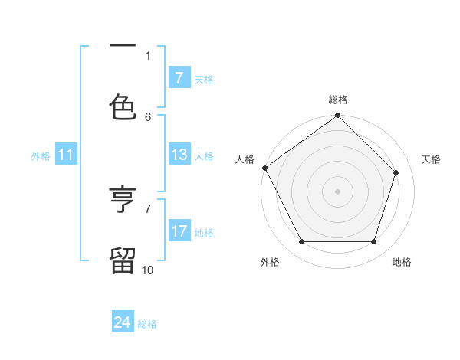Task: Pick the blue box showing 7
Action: tap(179, 78)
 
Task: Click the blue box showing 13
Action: tap(179, 155)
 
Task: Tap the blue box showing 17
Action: tap(179, 231)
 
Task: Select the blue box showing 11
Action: tap(66, 155)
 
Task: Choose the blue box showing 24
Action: tap(123, 323)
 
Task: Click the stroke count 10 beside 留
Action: tap(148, 270)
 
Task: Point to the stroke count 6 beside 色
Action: tap(148, 116)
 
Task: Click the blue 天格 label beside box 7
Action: tap(204, 79)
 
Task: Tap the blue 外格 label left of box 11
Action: tap(41, 156)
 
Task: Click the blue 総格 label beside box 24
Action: tap(147, 324)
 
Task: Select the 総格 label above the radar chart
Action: tap(338, 100)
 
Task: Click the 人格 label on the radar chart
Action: tap(245, 159)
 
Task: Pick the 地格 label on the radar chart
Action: tap(402, 263)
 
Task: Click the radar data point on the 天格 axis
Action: tap(396, 172)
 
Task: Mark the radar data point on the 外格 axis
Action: tap(302, 242)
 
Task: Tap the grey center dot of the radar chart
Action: tap(338, 191)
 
